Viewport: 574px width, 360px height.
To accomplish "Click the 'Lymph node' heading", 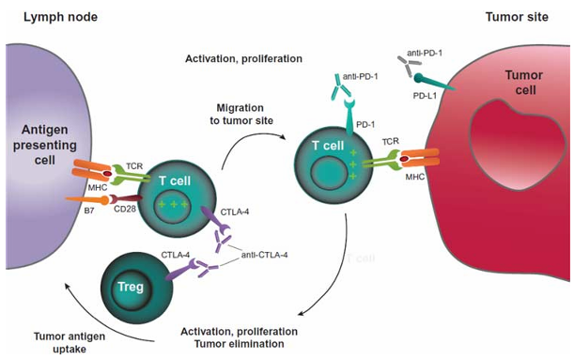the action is (x=60, y=17).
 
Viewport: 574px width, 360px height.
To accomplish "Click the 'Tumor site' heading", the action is (x=517, y=17).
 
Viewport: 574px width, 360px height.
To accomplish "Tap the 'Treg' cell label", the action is (x=131, y=287).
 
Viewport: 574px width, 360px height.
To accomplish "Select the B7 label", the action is (x=89, y=211).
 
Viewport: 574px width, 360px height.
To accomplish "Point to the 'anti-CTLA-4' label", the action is (x=264, y=255).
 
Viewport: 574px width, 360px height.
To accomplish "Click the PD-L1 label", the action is (x=425, y=96).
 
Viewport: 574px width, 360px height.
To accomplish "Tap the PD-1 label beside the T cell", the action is (x=365, y=124).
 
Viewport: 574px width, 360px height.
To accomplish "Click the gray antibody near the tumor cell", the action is (x=409, y=64).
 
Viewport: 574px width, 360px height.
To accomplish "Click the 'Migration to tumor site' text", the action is (x=241, y=115).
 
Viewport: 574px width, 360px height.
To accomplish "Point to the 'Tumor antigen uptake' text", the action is (x=70, y=342).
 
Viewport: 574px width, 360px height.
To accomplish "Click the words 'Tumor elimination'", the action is (x=239, y=344).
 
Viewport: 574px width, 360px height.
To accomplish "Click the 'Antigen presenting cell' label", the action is (x=45, y=145).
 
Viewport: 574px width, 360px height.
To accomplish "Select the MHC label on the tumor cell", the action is (x=414, y=178).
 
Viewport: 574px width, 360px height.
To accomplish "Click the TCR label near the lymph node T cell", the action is (x=134, y=166).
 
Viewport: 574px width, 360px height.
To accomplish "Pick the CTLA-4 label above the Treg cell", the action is (x=176, y=255).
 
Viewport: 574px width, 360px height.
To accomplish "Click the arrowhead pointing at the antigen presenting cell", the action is (x=68, y=286).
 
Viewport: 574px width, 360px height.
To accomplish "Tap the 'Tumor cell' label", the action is (x=524, y=83).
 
